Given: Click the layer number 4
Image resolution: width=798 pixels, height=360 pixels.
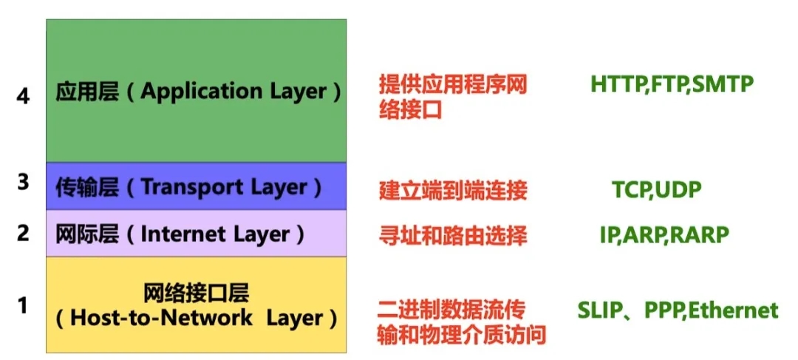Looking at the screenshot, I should pos(24,96).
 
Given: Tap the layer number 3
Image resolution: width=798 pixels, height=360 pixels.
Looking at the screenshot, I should pos(24,182).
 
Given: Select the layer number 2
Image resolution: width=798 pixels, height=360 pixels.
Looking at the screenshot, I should pos(24,233).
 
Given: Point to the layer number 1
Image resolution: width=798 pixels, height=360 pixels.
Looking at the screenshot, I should pos(24,305).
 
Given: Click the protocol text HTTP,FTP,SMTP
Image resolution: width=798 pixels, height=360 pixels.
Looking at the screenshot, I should pos(672,84).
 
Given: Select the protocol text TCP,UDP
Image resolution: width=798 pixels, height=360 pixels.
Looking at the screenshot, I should pos(657,190).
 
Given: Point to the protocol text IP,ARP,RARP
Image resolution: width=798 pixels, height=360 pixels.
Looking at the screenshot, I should pos(664,235).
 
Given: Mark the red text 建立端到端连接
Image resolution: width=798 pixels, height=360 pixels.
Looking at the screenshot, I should pos(453,191).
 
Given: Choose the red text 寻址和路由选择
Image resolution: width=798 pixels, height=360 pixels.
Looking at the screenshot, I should pos(453,236).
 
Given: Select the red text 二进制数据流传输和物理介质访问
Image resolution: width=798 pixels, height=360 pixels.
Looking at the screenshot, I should pos(462,322).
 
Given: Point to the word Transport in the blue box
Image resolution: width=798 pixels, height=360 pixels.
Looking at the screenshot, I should pos(187,187).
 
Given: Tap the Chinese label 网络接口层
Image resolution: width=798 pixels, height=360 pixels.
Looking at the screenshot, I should pos(196,293).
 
